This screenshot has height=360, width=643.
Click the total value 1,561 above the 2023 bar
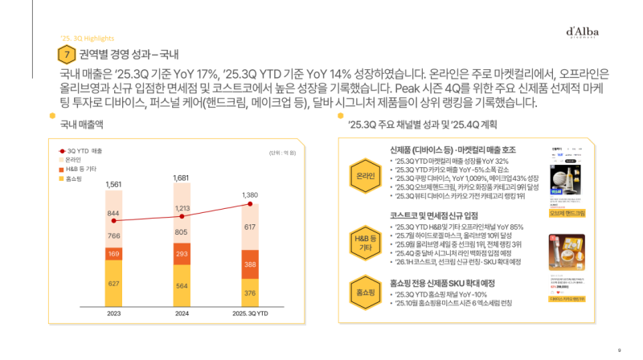pyautogui.click(x=113, y=185)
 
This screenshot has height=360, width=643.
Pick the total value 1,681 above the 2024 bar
pyautogui.click(x=182, y=178)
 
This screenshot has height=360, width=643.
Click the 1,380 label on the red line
pyautogui.click(x=251, y=195)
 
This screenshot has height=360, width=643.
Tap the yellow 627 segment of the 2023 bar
pyautogui.click(x=113, y=283)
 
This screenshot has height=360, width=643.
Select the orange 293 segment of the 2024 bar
pyautogui.click(x=182, y=252)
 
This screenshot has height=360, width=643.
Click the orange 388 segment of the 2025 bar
pyautogui.click(x=250, y=264)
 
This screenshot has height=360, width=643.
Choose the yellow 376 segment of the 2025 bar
pyautogui.click(x=250, y=292)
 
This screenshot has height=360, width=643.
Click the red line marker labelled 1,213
pyautogui.click(x=182, y=216)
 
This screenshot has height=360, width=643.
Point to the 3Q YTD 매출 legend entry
pyautogui.click(x=84, y=150)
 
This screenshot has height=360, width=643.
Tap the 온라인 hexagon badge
pyautogui.click(x=363, y=175)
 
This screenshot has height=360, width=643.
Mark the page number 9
pyautogui.click(x=619, y=350)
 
